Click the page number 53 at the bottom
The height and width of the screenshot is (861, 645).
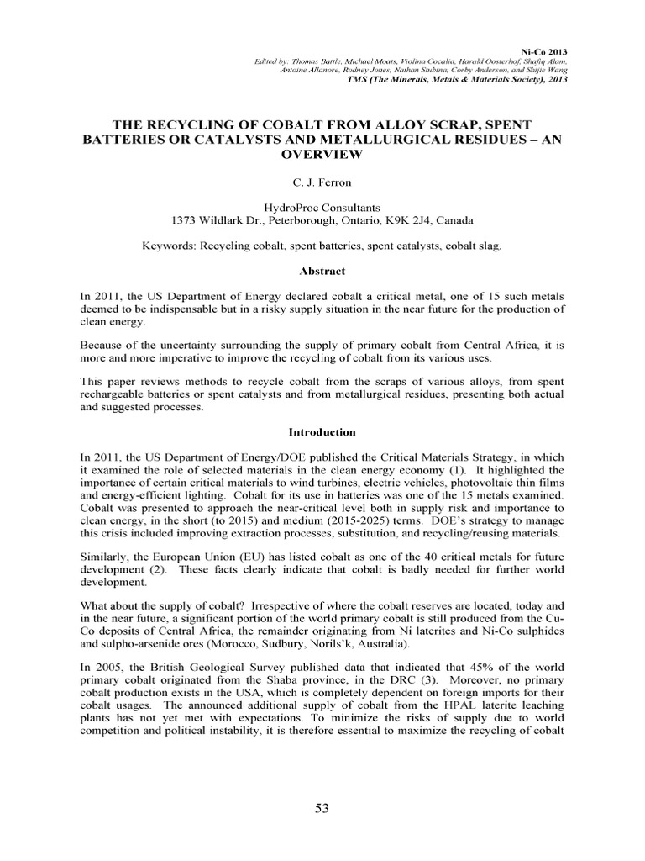coord(322,808)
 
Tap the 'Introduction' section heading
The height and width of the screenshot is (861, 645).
coord(322,431)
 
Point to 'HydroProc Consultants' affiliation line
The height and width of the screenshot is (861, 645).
coord(322,206)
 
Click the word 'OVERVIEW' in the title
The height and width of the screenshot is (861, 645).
coord(322,155)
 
